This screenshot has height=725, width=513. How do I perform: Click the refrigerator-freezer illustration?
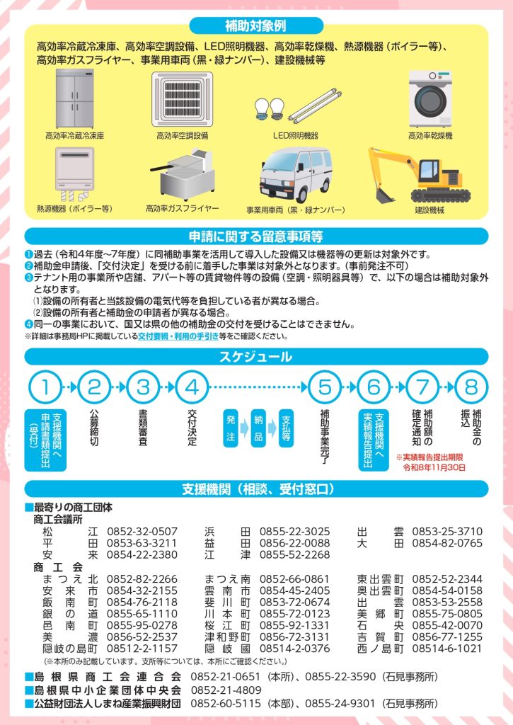click(x=74, y=98)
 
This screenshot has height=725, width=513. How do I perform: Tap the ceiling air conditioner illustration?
click(x=182, y=99)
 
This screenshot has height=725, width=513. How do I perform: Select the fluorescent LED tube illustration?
click(x=315, y=106)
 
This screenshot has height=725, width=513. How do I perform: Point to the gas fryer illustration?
click(x=183, y=174)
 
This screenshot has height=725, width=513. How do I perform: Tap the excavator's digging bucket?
click(x=384, y=195)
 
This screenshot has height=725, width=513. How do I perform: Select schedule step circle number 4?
click(x=192, y=387)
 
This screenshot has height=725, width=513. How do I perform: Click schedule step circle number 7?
click(x=422, y=387)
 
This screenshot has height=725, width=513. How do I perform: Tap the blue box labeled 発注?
click(x=231, y=428)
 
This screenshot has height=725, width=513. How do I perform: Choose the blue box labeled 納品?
click(x=258, y=428)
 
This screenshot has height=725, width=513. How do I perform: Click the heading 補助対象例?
click(x=256, y=25)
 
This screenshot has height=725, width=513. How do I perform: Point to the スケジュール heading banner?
click(x=256, y=357)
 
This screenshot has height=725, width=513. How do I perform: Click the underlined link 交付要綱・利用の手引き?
click(x=178, y=336)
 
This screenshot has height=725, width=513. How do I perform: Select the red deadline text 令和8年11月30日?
click(x=434, y=467)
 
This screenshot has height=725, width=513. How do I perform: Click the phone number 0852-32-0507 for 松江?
click(x=142, y=531)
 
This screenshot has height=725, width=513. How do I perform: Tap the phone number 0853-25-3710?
click(x=447, y=531)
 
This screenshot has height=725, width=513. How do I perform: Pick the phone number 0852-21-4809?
click(x=226, y=690)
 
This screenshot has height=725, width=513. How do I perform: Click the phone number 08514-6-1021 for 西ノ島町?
click(x=447, y=649)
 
